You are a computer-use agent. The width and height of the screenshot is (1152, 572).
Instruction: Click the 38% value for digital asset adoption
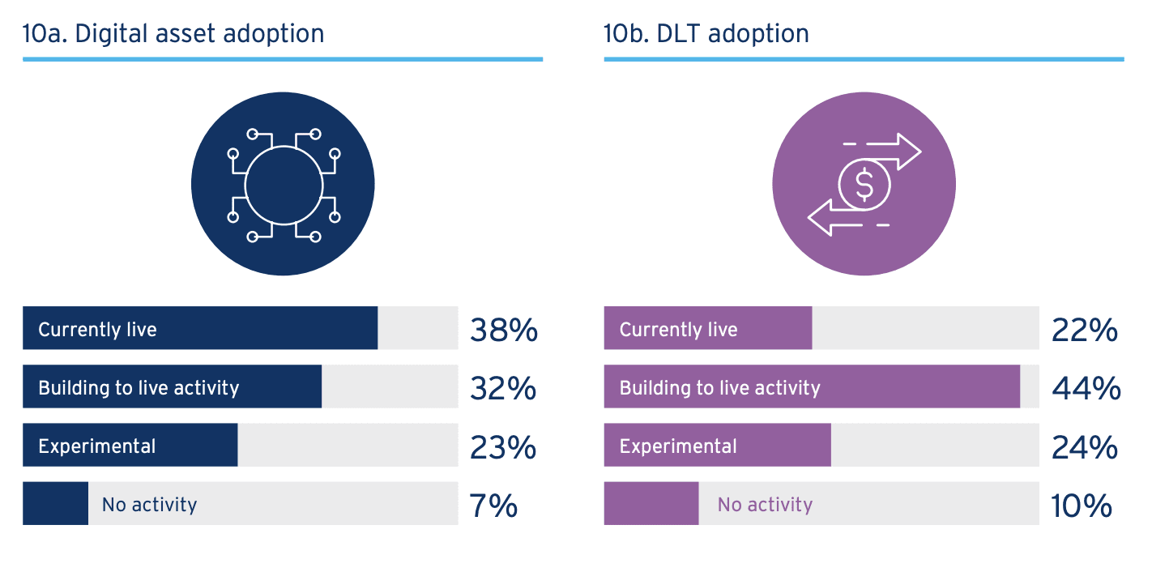tap(503, 330)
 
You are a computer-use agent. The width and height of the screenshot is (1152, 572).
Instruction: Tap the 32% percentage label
tap(503, 388)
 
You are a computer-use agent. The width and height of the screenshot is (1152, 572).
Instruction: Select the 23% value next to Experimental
tap(503, 446)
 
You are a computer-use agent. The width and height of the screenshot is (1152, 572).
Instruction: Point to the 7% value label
tap(493, 506)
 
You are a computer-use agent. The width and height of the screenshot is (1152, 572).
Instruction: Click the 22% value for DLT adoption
tap(1085, 330)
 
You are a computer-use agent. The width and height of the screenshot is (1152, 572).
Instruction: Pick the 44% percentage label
tap(1086, 388)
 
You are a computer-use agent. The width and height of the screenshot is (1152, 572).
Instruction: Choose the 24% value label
tap(1085, 446)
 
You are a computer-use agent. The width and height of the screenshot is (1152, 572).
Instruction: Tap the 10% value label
tap(1082, 506)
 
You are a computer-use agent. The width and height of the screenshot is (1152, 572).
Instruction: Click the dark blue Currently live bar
tap(200, 328)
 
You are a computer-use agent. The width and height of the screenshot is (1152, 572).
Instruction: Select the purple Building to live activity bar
tap(812, 386)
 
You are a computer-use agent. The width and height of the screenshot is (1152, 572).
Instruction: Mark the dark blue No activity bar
tap(55, 504)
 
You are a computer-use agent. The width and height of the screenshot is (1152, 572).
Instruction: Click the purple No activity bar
tap(651, 504)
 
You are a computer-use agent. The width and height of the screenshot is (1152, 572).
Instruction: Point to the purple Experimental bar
tap(717, 445)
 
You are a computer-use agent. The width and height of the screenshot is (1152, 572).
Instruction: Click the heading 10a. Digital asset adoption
tap(173, 34)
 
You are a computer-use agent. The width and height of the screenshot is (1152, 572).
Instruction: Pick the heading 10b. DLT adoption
tap(706, 34)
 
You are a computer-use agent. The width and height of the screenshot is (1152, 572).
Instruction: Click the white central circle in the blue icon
tap(284, 185)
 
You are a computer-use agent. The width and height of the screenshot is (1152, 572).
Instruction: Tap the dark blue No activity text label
tap(149, 505)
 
